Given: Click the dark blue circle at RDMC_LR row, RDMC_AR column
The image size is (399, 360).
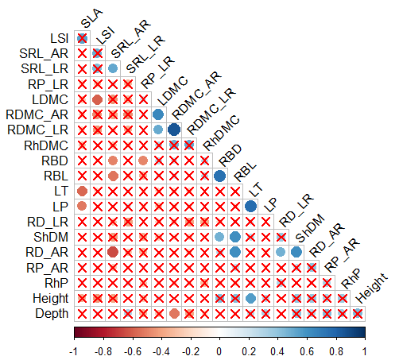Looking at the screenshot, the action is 174,130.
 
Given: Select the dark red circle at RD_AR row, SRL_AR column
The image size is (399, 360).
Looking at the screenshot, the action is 113,252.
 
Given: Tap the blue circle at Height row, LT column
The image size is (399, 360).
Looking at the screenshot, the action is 250,298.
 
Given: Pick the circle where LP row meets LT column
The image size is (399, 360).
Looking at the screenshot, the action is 250,206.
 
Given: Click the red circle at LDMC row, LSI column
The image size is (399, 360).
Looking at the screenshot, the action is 98,99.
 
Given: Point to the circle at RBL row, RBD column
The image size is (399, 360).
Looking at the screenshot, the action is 219,176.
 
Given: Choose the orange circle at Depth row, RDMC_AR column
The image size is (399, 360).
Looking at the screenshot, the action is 174,314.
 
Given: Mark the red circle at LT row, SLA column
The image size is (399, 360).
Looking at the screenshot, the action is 82,191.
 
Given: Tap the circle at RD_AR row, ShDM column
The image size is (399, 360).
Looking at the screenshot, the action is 296,252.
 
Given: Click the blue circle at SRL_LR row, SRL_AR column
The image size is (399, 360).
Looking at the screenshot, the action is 113,68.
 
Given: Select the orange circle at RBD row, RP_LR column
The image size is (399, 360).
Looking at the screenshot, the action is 143,161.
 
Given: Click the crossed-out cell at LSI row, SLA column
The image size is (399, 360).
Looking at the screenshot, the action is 82,38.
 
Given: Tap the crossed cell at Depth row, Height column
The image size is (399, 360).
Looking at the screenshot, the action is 358,314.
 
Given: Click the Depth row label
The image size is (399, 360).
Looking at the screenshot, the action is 52,314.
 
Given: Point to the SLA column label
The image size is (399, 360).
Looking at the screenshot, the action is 91,18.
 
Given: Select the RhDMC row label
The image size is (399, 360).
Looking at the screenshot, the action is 46,145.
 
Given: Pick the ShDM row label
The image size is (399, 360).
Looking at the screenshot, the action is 51,237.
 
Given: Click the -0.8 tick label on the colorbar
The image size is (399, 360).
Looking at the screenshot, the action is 103,351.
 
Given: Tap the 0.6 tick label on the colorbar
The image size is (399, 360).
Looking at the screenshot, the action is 307,351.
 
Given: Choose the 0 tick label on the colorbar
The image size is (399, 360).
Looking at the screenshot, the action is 219,351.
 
